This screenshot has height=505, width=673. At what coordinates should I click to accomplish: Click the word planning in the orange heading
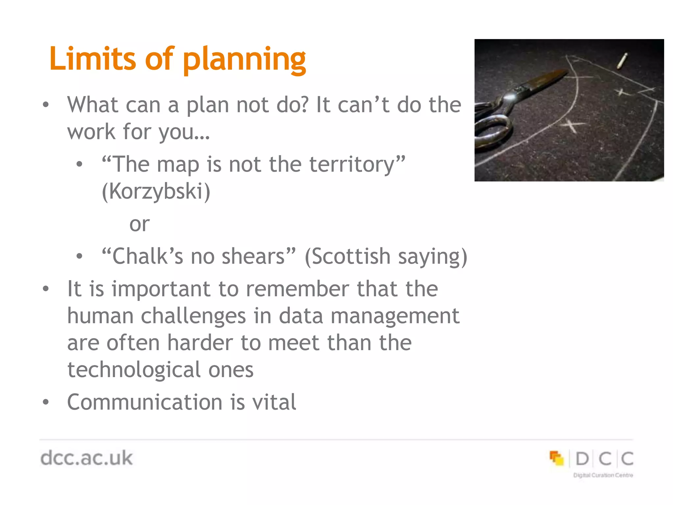click(244, 60)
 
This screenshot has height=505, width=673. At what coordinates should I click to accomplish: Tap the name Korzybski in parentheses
click(156, 191)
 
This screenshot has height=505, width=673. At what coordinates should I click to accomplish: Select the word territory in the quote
click(352, 164)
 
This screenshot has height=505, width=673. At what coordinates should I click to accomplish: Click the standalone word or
click(139, 224)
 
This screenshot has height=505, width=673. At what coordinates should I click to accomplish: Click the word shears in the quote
click(253, 256)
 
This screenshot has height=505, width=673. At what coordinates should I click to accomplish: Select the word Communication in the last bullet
click(145, 402)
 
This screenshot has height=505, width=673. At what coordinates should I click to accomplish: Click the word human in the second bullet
click(100, 316)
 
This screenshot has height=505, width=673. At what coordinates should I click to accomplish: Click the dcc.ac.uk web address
click(86, 458)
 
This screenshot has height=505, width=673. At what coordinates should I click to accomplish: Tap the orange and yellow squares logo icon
click(556, 458)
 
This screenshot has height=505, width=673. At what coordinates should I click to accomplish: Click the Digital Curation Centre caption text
click(603, 475)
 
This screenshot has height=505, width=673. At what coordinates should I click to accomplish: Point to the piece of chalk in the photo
click(622, 61)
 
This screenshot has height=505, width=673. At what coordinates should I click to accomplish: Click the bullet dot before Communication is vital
click(46, 402)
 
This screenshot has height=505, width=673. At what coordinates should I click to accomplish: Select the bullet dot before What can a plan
click(46, 105)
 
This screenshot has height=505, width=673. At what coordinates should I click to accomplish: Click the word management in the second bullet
click(395, 316)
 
